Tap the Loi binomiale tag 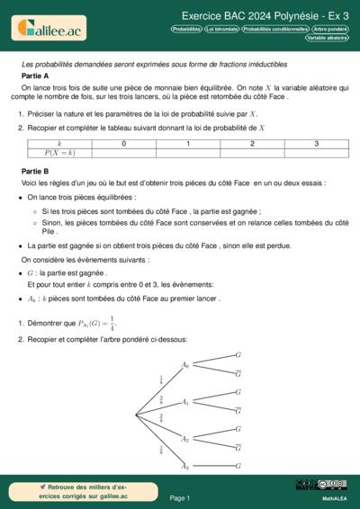coord(221,29)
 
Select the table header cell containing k coord(59,144)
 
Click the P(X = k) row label coord(59,154)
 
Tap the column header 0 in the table coord(123,144)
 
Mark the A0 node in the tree coord(184,365)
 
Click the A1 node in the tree coord(184,403)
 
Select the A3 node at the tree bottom coord(184,466)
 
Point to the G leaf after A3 coord(238,465)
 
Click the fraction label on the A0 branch coord(161,380)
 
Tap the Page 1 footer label coord(180,496)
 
